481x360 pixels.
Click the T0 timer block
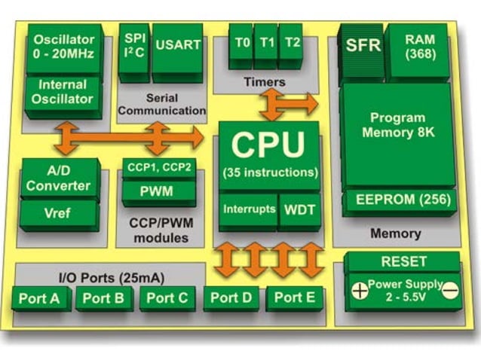point(241,43)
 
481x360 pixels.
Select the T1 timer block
point(265,43)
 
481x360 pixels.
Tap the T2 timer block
point(290,43)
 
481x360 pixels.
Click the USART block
point(178,45)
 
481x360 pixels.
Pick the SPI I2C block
point(133,45)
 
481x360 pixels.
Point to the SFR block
point(361,45)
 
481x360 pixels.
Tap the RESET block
point(404,261)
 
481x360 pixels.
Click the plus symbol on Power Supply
point(360,290)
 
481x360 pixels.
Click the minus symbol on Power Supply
point(450,290)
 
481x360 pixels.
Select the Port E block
point(294,297)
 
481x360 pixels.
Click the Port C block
point(167,297)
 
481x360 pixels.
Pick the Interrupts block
point(248,209)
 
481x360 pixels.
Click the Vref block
point(58,213)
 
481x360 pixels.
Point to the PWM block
point(158,191)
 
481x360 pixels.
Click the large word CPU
point(268,145)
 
